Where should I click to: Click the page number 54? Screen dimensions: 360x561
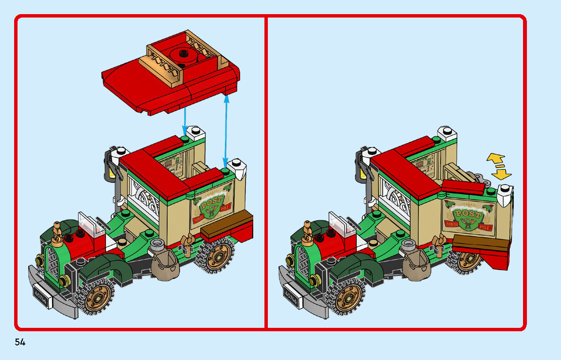click(x=20, y=342)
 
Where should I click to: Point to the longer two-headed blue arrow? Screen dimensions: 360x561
click(x=225, y=129)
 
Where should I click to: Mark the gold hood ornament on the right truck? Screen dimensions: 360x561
click(x=308, y=230)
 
